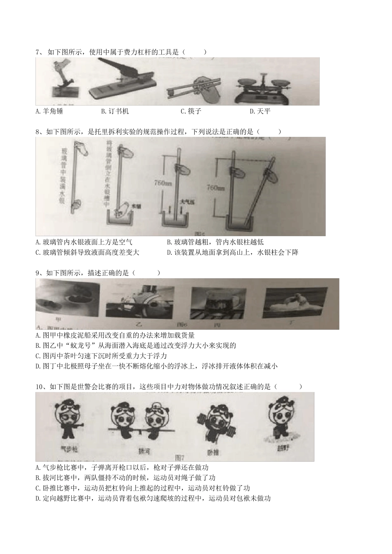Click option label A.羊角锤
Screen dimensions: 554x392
click(x=50, y=111)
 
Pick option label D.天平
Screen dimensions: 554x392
click(x=260, y=111)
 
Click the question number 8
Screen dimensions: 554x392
click(x=39, y=132)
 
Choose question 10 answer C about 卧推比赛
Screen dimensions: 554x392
click(x=143, y=488)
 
